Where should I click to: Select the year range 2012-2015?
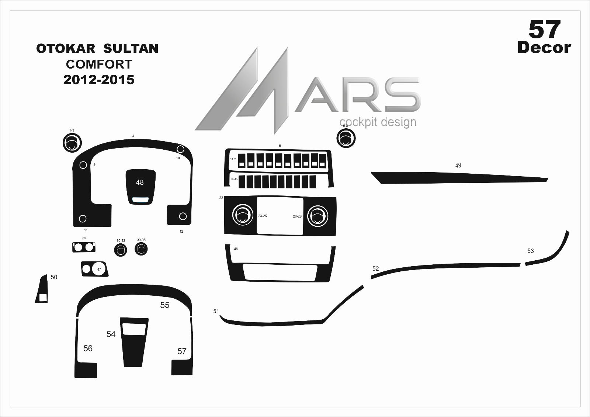coord(99,80)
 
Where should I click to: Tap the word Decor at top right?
coord(544,48)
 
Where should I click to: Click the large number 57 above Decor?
coord(544,29)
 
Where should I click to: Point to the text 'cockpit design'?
coord(378,122)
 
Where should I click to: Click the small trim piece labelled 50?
coord(42,289)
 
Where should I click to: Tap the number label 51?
coord(216,311)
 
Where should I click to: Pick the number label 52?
coord(375,268)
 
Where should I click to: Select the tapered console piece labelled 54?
coord(133,343)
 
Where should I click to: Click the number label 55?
coord(164,305)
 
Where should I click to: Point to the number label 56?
coord(88,348)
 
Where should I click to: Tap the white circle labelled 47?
coord(99,269)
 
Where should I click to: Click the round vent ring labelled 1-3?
coord(72,143)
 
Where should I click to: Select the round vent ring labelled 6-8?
coord(346,139)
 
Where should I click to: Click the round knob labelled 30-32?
coord(121,250)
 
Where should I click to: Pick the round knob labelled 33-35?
coord(141,249)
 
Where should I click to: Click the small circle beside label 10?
coord(180,149)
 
